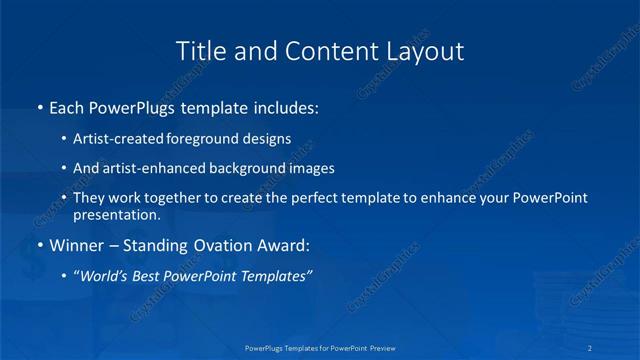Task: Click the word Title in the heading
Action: tap(200, 51)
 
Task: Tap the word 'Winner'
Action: tap(76, 245)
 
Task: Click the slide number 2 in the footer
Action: tap(592, 348)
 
